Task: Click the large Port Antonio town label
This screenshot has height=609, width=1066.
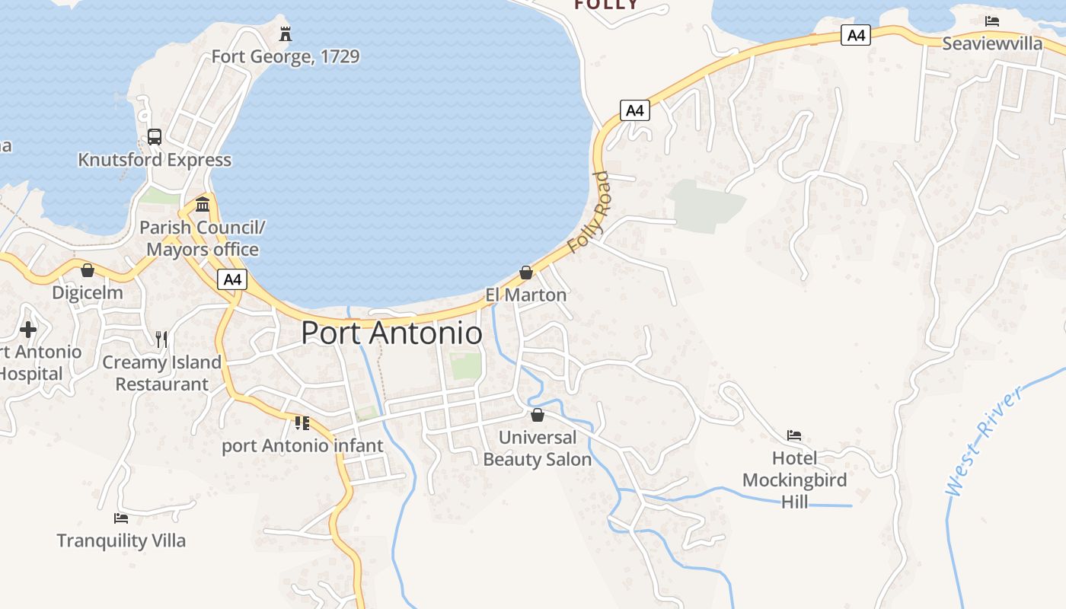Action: [391, 333]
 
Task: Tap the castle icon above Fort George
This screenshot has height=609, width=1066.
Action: [286, 34]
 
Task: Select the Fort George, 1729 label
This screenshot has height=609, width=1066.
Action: [285, 56]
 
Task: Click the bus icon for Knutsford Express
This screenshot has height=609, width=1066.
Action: [155, 137]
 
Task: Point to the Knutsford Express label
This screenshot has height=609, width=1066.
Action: [155, 160]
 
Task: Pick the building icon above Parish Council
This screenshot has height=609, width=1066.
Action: [203, 204]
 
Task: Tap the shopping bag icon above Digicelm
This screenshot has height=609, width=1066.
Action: [88, 270]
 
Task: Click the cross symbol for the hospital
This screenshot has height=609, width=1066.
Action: [28, 330]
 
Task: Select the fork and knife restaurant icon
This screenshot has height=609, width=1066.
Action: [161, 340]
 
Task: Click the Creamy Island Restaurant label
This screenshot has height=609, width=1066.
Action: [161, 373]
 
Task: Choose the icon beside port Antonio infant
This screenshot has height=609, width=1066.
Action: [302, 422]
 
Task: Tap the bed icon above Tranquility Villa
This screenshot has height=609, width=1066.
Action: [121, 518]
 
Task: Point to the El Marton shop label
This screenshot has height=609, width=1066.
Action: [525, 295]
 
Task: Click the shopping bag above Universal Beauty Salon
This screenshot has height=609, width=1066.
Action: [538, 415]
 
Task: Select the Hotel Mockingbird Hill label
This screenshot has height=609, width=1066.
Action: [794, 480]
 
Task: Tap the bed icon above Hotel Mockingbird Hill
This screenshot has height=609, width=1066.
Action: [794, 435]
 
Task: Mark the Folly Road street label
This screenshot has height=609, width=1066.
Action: [589, 213]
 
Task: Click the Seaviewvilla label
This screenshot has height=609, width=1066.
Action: [992, 43]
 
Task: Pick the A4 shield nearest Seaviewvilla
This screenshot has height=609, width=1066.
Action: [856, 35]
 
